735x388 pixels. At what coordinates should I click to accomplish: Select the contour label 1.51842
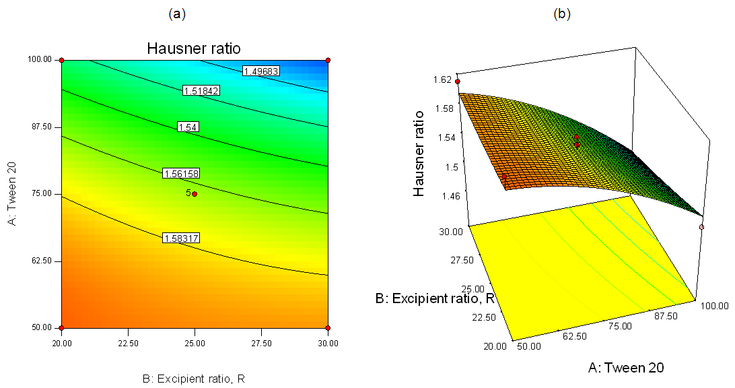pyautogui.click(x=201, y=90)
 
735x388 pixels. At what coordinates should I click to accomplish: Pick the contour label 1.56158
pyautogui.click(x=181, y=174)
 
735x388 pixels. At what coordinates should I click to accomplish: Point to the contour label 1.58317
pyautogui.click(x=181, y=238)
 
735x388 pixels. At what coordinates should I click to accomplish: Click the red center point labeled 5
pyautogui.click(x=195, y=194)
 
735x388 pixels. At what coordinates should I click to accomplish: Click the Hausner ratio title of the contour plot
pyautogui.click(x=194, y=48)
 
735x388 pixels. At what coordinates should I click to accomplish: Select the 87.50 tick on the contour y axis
pyautogui.click(x=42, y=127)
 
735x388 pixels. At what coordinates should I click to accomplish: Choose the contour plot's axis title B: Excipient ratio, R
pyautogui.click(x=194, y=379)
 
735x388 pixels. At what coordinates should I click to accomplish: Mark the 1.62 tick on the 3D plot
pyautogui.click(x=443, y=79)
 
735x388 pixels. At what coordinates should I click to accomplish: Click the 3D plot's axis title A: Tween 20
pyautogui.click(x=627, y=367)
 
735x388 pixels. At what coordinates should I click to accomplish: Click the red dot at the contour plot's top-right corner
pyautogui.click(x=328, y=61)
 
